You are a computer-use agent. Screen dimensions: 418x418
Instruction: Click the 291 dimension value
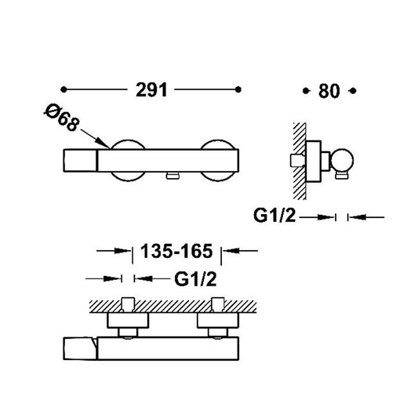tap(151, 90)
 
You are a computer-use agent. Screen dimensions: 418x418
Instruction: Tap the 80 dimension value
tap(329, 91)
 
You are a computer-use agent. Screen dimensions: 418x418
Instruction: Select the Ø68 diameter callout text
tap(62, 118)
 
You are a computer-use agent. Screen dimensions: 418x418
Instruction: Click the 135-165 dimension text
tap(176, 251)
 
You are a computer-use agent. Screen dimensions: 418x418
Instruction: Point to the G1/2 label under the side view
tap(274, 216)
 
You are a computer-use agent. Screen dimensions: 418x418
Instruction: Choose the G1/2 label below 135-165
tap(195, 279)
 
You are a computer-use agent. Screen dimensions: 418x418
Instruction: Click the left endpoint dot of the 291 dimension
tap(64, 89)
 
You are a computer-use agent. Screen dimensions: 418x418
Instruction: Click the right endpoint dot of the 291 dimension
tap(238, 89)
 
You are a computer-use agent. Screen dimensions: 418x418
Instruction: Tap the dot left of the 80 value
tap(306, 91)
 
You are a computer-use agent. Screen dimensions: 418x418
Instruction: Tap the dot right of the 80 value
tap(353, 91)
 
